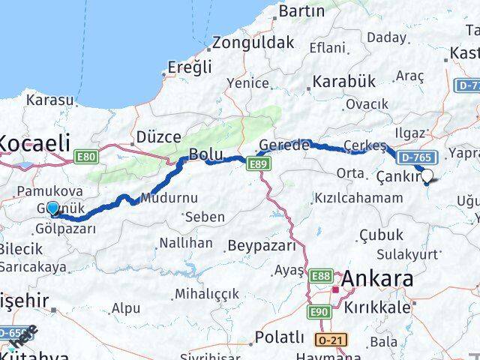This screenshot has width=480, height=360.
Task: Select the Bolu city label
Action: [x=205, y=154]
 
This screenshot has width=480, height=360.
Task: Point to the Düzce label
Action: [x=158, y=137]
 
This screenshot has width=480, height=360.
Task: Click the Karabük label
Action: [x=343, y=80]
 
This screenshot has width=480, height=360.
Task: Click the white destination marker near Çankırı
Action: [x=427, y=177]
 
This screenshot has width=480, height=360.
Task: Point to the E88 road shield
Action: [x=320, y=276]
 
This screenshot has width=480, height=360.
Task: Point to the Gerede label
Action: [x=283, y=145]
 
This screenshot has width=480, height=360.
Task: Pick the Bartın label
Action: [x=301, y=11]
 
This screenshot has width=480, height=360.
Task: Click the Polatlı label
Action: [x=279, y=336]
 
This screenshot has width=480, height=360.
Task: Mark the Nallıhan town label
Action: [x=185, y=244]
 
